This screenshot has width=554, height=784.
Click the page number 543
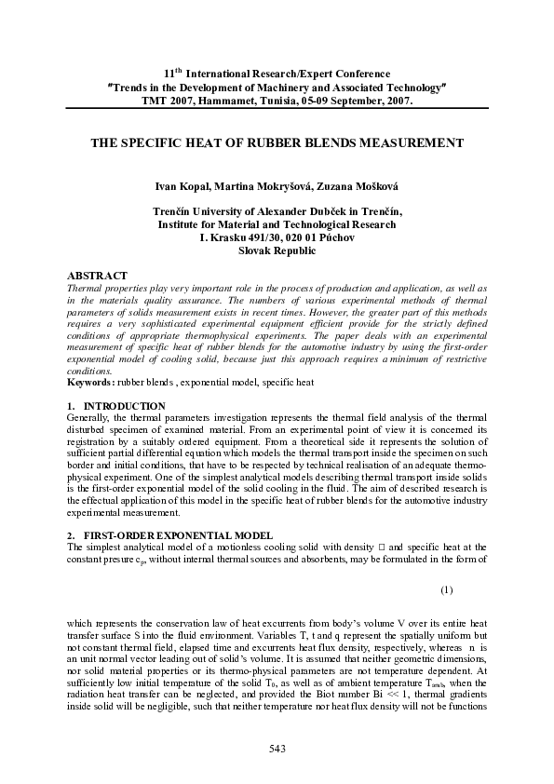277,749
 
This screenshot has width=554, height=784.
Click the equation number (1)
446,588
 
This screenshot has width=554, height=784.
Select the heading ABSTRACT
98,277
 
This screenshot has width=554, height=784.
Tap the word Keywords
91,383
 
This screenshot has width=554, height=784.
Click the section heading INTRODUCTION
124,406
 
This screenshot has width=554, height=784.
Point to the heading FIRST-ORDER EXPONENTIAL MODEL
182,535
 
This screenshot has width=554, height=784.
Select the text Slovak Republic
277,251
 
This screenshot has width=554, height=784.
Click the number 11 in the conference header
169,73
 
